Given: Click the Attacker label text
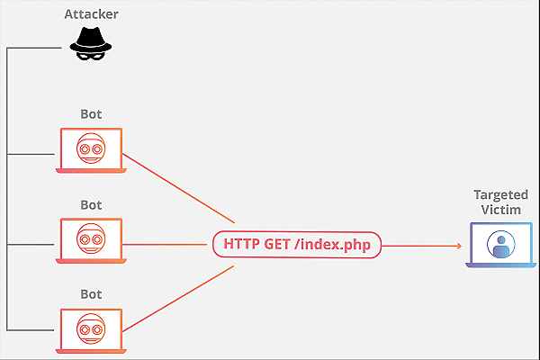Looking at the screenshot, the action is (91, 14).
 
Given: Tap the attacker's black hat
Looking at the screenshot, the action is (91, 40).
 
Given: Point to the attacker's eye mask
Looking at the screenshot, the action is (90, 56).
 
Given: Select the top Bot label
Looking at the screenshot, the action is (91, 114).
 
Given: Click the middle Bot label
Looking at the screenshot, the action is (91, 205).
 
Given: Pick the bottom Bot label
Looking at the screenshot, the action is (91, 294).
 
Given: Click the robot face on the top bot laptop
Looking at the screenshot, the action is (91, 148).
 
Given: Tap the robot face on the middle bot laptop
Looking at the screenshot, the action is (91, 238).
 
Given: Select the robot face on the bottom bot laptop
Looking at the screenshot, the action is (91, 328).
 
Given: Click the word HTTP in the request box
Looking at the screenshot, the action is (241, 244).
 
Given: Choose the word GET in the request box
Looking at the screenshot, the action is (277, 244).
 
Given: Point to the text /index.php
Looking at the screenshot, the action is (333, 245).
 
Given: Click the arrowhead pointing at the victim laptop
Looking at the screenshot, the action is (459, 246).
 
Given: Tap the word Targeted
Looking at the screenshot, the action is (500, 195).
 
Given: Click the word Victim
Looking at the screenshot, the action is (500, 210).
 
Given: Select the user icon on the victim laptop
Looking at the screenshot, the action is (501, 244).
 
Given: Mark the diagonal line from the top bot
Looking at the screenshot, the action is (179, 188).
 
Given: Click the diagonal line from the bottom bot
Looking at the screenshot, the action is (178, 299).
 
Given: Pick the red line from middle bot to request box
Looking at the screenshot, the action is (165, 245).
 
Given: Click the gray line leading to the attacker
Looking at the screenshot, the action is (34, 48).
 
